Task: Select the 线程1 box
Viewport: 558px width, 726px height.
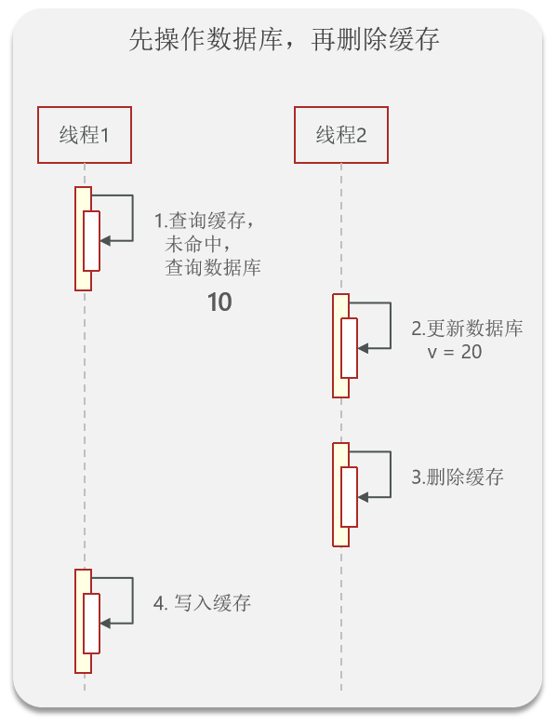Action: pyautogui.click(x=85, y=135)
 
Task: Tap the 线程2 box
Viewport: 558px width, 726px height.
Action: pyautogui.click(x=340, y=135)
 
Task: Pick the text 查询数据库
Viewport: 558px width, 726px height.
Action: pyautogui.click(x=213, y=269)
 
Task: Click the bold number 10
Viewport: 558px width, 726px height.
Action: pyautogui.click(x=219, y=302)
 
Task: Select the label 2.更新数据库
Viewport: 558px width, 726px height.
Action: pyautogui.click(x=467, y=329)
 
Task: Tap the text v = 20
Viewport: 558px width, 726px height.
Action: pyautogui.click(x=454, y=353)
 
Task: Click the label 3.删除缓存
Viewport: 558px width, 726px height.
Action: pyautogui.click(x=458, y=477)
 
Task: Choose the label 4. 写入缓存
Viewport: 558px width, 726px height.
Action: pyautogui.click(x=202, y=603)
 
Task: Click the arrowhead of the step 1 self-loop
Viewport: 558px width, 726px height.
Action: pyautogui.click(x=105, y=240)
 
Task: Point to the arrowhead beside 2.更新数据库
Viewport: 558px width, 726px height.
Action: pyautogui.click(x=363, y=347)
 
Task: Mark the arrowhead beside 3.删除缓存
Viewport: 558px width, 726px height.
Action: pyautogui.click(x=363, y=496)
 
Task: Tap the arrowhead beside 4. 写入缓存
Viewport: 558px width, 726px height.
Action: pyautogui.click(x=105, y=623)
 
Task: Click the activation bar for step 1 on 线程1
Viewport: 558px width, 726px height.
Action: pyautogui.click(x=84, y=239)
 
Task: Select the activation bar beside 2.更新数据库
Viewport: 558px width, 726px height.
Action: pyautogui.click(x=340, y=346)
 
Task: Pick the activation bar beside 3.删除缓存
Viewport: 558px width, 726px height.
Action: pyautogui.click(x=340, y=495)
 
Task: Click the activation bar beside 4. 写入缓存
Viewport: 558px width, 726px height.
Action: pyautogui.click(x=84, y=622)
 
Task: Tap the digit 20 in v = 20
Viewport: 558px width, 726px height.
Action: pyautogui.click(x=471, y=353)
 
